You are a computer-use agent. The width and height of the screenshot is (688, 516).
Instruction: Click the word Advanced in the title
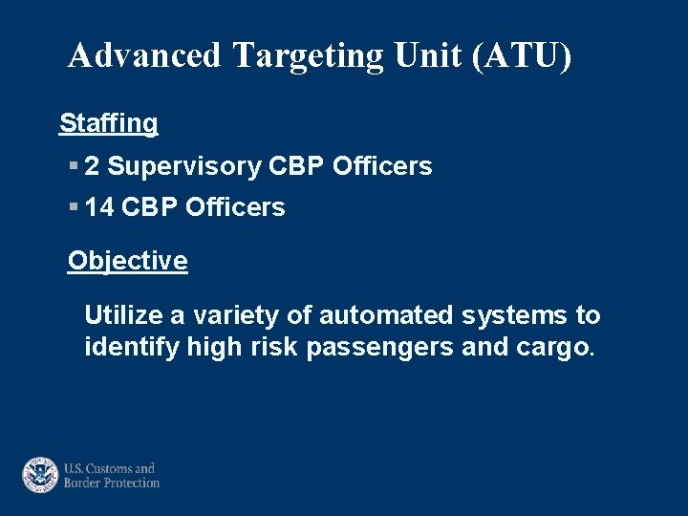pyautogui.click(x=144, y=55)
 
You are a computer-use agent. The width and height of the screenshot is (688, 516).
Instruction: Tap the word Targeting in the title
pyautogui.click(x=307, y=55)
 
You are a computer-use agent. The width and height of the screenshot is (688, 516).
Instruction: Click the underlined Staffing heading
pyautogui.click(x=109, y=123)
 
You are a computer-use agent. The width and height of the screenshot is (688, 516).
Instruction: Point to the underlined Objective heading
pyautogui.click(x=128, y=261)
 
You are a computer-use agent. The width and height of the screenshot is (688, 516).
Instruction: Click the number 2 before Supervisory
pyautogui.click(x=92, y=166)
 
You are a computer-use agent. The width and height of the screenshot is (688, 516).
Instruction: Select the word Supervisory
pyautogui.click(x=184, y=166)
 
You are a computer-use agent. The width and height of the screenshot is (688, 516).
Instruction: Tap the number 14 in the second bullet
pyautogui.click(x=99, y=207)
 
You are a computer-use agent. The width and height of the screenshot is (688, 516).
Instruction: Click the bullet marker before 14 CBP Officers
pyautogui.click(x=74, y=207)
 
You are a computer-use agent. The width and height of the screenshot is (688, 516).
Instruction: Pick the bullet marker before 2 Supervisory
pyautogui.click(x=74, y=166)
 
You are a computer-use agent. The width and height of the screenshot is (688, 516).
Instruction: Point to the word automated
pyautogui.click(x=387, y=315)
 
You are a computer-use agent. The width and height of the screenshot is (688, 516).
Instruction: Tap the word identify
pyautogui.click(x=131, y=348)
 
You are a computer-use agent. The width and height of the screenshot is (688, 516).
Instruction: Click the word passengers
pyautogui.click(x=380, y=348)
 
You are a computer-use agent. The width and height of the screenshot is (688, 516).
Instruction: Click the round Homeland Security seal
pyautogui.click(x=40, y=475)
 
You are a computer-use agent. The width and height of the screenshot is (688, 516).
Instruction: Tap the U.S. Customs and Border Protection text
pyautogui.click(x=111, y=475)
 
